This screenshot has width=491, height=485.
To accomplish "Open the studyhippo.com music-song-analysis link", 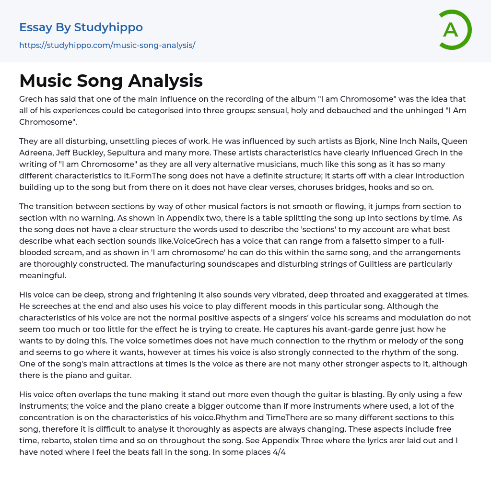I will (107, 46).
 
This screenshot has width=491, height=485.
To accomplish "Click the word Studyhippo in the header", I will (108, 27).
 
